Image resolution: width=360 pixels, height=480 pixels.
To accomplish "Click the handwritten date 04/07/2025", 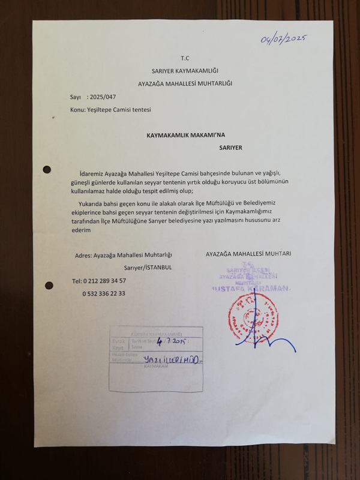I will click(284, 39).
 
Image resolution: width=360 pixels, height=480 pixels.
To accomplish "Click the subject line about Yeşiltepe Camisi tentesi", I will click(110, 110).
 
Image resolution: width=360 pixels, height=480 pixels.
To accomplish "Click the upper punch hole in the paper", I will click(47, 170).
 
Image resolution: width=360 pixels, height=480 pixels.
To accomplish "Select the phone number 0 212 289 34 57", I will click(99, 281).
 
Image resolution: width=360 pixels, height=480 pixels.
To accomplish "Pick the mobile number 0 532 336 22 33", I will click(104, 293).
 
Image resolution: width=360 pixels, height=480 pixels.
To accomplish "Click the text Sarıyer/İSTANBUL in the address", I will click(148, 267).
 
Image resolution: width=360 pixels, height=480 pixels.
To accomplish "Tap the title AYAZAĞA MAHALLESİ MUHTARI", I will click(248, 254).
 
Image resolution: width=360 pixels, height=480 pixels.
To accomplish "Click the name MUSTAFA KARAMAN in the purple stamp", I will click(252, 289).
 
